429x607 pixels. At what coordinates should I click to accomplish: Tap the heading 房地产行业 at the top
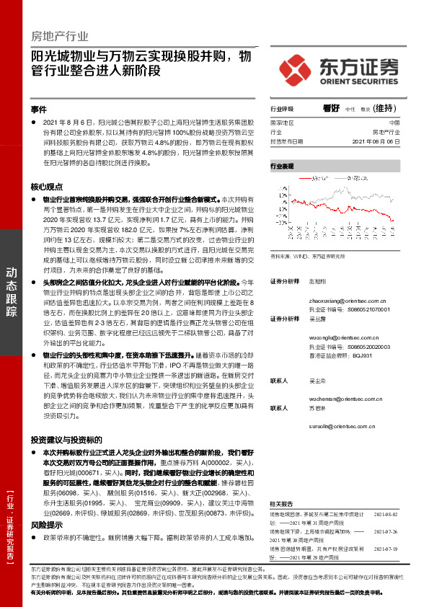coord(60,35)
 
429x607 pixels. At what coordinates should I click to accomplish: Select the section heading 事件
coord(39,110)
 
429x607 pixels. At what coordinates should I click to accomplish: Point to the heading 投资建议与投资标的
coord(66,439)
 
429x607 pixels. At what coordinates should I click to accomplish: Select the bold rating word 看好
coord(332,109)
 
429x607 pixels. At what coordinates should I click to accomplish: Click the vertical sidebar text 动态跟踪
coord(12,292)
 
